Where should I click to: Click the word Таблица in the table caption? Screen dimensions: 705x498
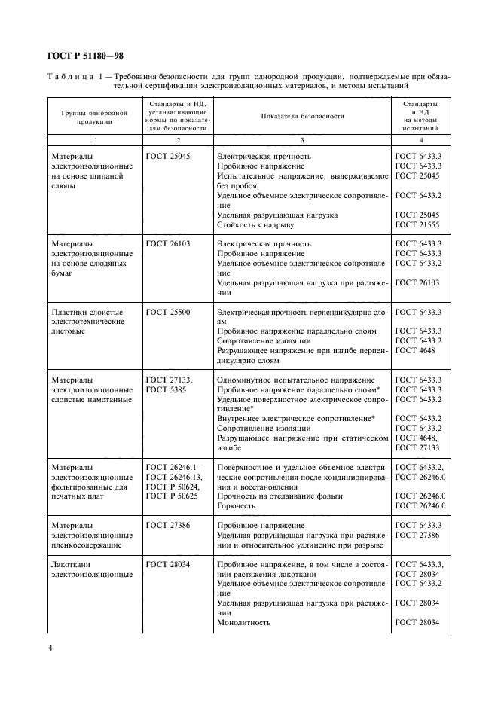pos(70,77)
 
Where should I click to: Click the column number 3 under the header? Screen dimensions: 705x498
pos(302,140)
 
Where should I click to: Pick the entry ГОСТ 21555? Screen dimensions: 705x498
pos(417,225)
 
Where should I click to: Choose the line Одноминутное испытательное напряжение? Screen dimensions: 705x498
pos(295,380)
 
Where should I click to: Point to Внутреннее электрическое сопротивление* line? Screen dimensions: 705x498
pos(296,419)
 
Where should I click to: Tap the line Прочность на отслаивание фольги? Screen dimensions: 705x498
pos(280,496)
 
